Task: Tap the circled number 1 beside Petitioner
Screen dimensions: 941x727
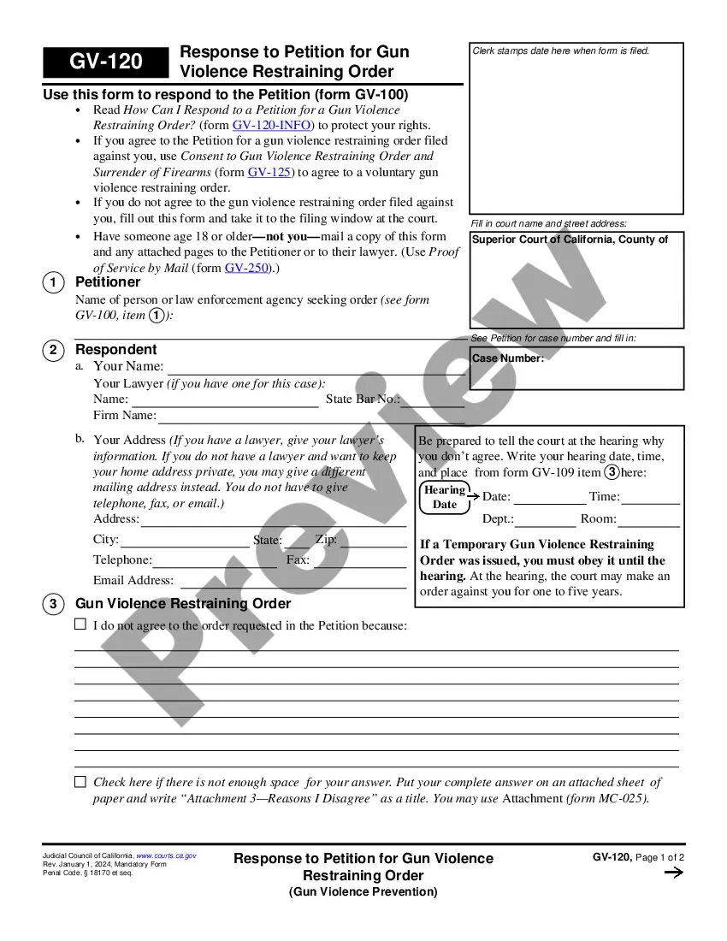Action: tap(53, 282)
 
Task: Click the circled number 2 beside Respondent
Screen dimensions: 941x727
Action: tap(53, 350)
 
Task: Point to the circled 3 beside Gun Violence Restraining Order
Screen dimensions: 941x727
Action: tap(53, 604)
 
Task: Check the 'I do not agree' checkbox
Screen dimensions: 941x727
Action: tap(80, 624)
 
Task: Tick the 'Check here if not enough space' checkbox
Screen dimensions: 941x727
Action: tap(80, 781)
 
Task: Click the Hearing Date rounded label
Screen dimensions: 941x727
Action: tap(445, 497)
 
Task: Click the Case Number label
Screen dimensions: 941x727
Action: tap(508, 358)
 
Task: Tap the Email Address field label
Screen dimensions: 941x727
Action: tap(133, 580)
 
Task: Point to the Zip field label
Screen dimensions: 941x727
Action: tap(326, 540)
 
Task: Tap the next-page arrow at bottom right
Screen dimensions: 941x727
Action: tap(673, 873)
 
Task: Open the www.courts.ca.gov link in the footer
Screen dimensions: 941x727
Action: tap(166, 855)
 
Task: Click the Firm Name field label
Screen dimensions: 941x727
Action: tap(125, 415)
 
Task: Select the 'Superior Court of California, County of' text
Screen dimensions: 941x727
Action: tap(570, 240)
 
